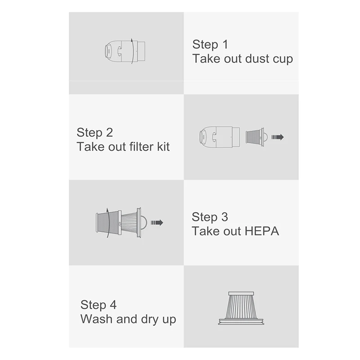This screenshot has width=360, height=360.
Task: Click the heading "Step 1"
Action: coord(210,45)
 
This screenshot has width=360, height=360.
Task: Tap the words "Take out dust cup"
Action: coord(243,59)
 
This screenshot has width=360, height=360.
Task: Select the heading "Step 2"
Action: coord(94,132)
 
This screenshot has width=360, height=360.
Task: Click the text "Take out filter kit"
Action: coord(123,147)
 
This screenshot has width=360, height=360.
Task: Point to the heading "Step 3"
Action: coord(210,217)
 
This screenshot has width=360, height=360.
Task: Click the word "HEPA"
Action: coord(263,231)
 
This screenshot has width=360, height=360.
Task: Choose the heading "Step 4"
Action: coord(99,305)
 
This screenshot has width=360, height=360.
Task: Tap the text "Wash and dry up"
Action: coord(128,319)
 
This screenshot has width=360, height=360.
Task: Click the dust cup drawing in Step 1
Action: coord(121,51)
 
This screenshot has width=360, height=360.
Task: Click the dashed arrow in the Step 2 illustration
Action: coord(277,137)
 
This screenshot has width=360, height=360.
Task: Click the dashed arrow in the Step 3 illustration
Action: coord(157,222)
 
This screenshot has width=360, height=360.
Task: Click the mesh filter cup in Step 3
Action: coord(108,222)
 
